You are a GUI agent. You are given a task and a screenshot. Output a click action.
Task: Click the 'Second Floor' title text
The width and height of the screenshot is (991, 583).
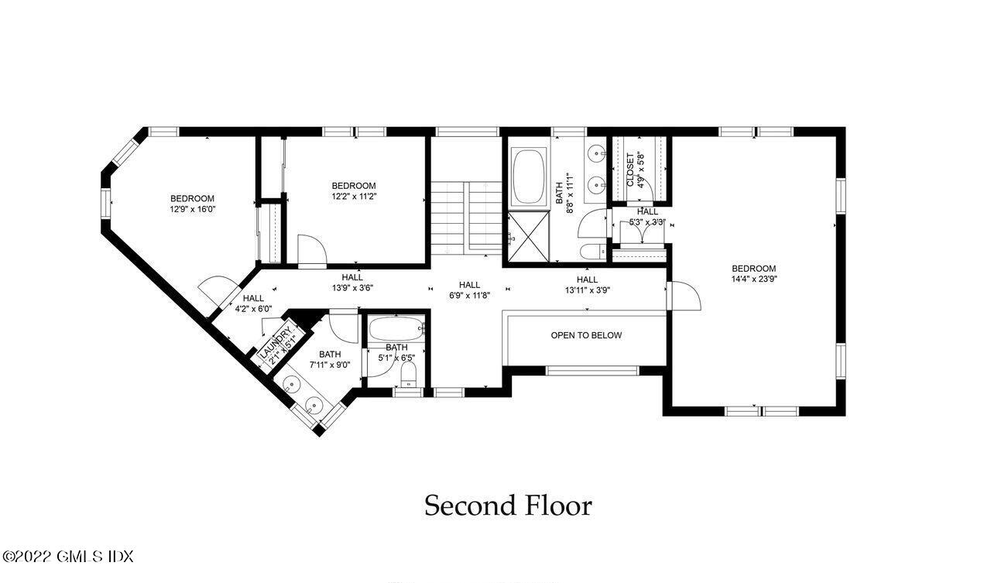click(508, 506)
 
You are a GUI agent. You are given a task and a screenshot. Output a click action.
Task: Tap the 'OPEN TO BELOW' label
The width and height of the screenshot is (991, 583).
click(586, 335)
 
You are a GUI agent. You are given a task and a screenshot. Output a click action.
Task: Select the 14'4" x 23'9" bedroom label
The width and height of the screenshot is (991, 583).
click(753, 274)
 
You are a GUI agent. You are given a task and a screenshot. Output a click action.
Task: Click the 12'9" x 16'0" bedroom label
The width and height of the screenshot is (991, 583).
click(192, 204)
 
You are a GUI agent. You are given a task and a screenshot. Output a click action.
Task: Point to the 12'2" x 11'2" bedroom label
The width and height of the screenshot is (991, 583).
click(354, 190)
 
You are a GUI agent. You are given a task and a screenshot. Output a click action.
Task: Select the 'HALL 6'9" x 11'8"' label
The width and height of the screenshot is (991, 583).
click(469, 290)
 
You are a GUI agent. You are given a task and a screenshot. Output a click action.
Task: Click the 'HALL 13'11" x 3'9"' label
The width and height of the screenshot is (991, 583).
click(587, 285)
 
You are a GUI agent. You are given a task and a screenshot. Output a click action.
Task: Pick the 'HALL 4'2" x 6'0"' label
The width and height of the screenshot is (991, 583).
click(252, 303)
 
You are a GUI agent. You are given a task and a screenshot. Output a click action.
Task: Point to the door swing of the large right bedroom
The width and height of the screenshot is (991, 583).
click(684, 296)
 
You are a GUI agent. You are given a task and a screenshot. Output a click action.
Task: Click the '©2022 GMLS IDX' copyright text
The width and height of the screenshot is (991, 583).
click(68, 557)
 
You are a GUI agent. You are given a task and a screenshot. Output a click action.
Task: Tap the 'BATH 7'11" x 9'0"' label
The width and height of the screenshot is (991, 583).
click(330, 360)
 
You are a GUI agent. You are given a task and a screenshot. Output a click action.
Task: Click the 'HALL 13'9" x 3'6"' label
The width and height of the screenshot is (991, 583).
click(352, 282)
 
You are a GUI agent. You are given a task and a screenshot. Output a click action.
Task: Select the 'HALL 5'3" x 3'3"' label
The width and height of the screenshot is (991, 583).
click(647, 217)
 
